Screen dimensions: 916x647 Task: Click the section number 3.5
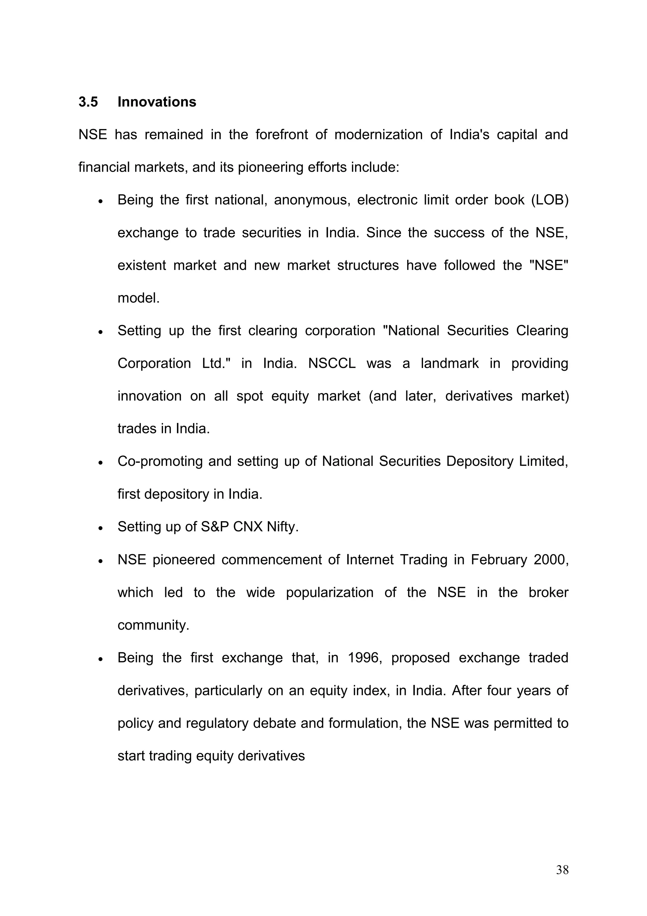tap(88, 102)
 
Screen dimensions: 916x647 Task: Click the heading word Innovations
tap(157, 102)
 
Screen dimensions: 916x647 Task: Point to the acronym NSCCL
tap(332, 363)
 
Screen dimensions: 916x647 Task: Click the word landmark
tap(450, 363)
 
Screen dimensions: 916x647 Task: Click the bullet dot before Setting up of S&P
tap(101, 528)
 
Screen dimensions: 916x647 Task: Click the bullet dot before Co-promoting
tap(101, 463)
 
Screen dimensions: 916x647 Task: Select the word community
tap(153, 625)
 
